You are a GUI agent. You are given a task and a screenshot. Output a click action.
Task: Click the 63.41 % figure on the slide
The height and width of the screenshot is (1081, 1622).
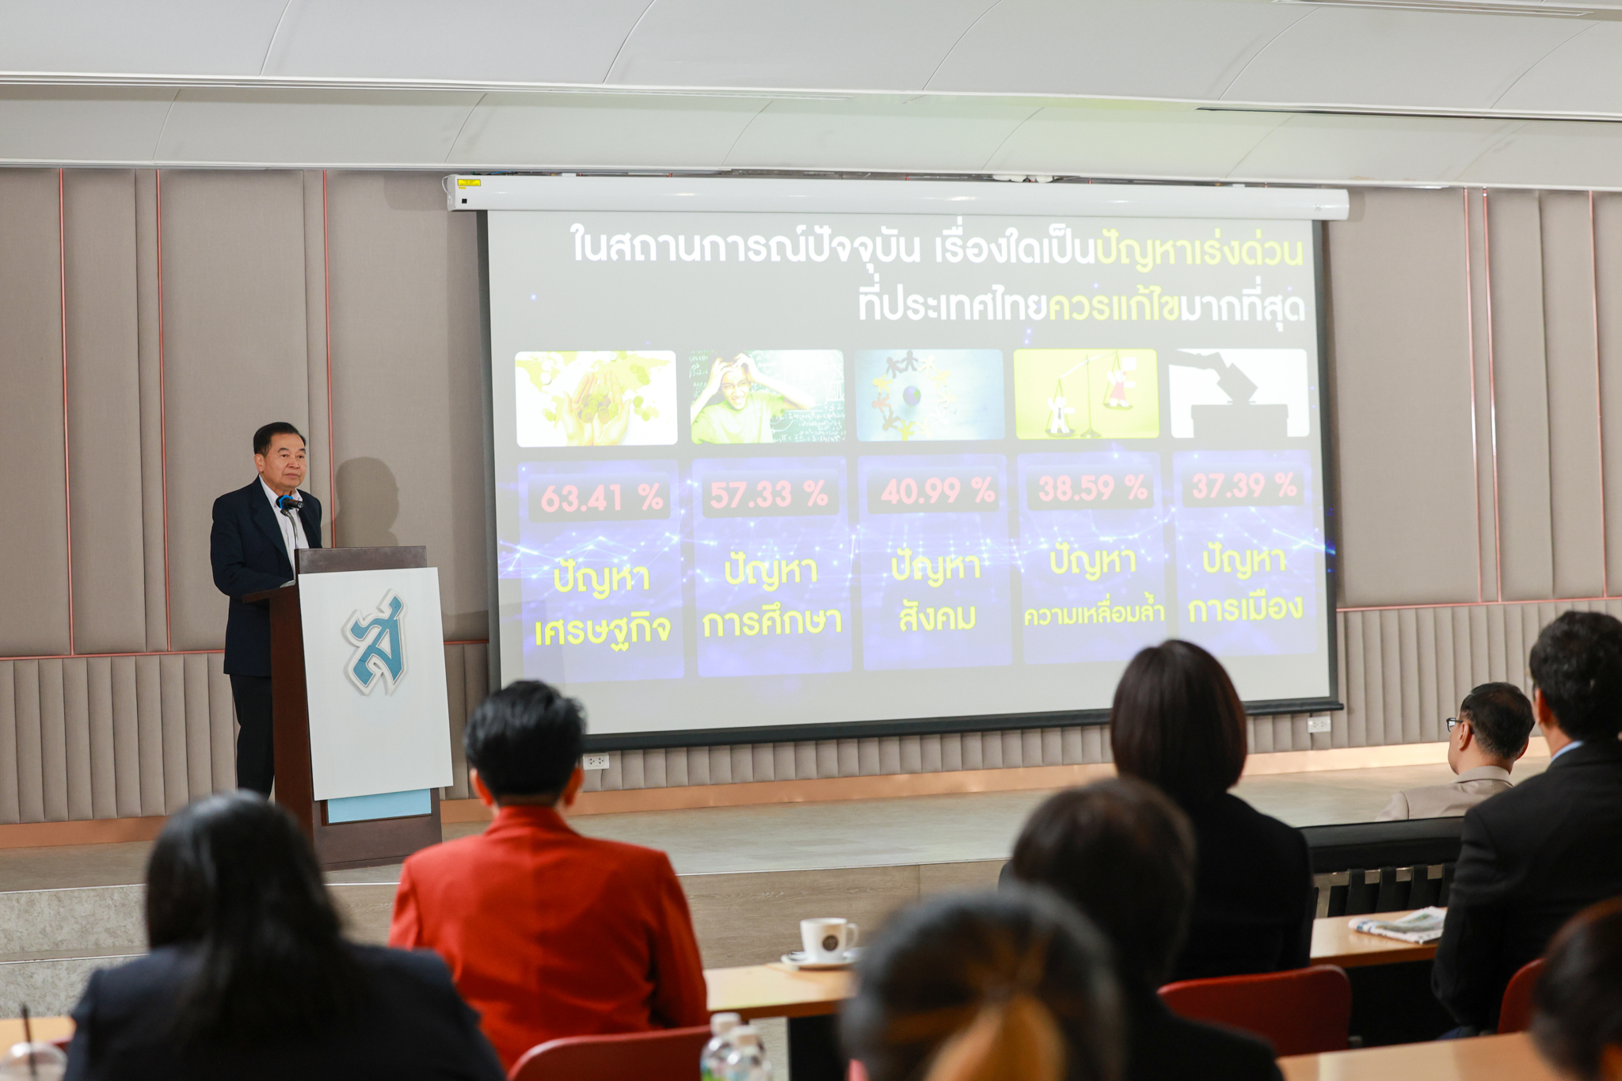[x=602, y=498]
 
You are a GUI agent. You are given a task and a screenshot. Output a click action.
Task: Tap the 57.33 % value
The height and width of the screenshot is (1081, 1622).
[x=768, y=495]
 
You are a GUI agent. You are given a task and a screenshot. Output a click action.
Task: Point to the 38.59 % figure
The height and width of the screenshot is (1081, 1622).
[x=1092, y=489]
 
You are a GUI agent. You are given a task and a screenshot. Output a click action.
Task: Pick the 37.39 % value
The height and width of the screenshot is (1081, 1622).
[x=1243, y=485]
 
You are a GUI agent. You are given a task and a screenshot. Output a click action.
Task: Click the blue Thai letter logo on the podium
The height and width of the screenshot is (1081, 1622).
[x=375, y=643]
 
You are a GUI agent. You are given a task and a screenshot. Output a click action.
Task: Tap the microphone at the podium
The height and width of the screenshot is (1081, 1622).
[x=289, y=502]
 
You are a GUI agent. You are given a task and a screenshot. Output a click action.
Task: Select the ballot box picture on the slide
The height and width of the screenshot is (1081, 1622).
[x=1239, y=393]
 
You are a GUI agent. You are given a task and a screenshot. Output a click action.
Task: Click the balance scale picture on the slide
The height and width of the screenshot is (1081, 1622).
[x=1086, y=394]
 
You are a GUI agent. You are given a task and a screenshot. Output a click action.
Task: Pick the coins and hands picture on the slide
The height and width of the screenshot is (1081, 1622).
[x=596, y=398]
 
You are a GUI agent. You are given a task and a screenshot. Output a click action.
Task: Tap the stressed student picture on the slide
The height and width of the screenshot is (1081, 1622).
[x=767, y=397]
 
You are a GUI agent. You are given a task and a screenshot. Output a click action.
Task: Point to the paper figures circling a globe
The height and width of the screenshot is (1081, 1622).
[x=929, y=395]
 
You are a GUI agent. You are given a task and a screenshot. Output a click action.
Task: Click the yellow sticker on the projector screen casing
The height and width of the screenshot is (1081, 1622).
[x=469, y=184]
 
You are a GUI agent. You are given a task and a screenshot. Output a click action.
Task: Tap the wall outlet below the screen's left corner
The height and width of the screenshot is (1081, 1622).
[x=596, y=761]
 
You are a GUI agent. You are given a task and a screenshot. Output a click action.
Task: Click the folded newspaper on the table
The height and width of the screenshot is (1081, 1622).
[x=1399, y=923]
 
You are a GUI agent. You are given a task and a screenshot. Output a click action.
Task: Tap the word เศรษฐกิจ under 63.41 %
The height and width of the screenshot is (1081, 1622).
[x=603, y=630]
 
